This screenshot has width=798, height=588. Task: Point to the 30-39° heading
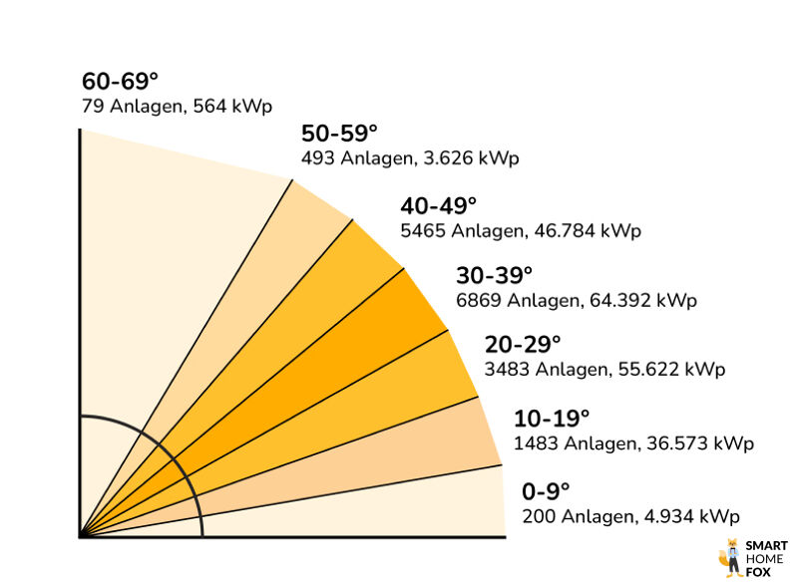495,275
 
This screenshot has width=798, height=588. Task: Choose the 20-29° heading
523,345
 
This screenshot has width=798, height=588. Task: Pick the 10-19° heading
552,419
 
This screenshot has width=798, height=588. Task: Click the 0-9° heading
546,491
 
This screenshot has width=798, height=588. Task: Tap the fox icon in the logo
729,558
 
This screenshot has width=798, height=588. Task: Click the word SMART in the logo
767,546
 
